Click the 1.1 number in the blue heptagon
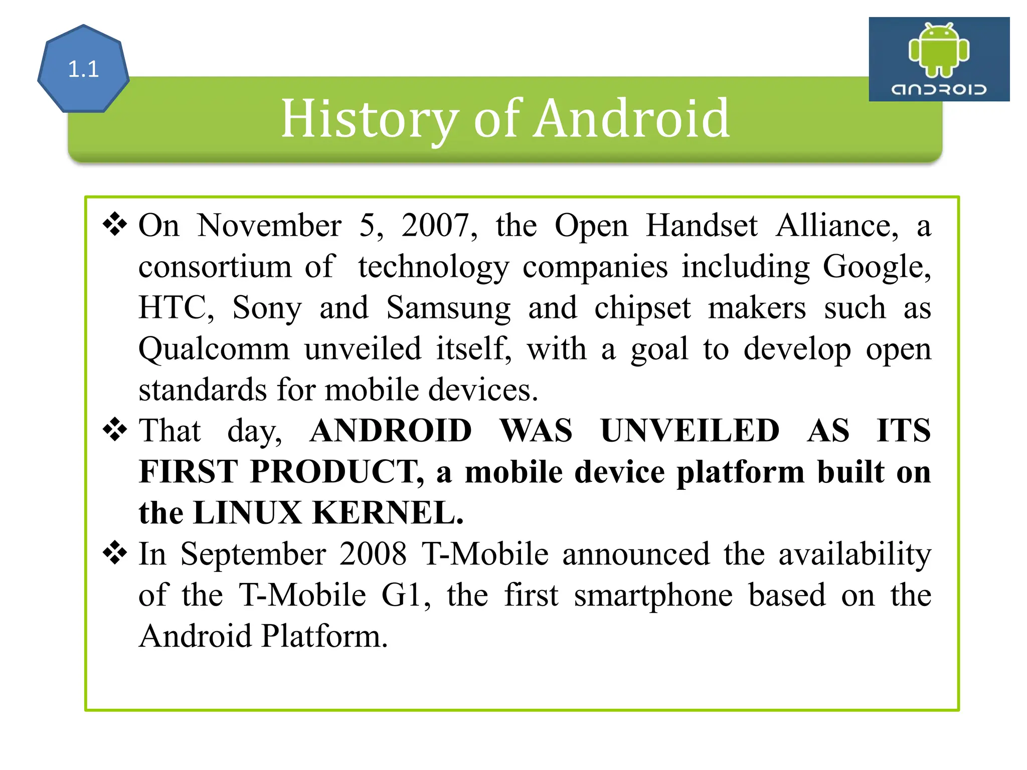(x=83, y=69)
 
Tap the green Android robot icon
(x=939, y=50)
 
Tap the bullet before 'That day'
(x=115, y=430)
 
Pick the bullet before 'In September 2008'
(x=115, y=553)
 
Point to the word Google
(x=877, y=267)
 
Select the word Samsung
(x=448, y=308)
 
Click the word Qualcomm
(x=214, y=349)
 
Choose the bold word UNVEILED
(x=690, y=431)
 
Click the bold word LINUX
(x=247, y=513)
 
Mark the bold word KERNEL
(x=388, y=513)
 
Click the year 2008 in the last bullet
(x=373, y=554)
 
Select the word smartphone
(x=653, y=596)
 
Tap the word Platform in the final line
(x=324, y=636)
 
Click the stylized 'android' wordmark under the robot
(x=939, y=90)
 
